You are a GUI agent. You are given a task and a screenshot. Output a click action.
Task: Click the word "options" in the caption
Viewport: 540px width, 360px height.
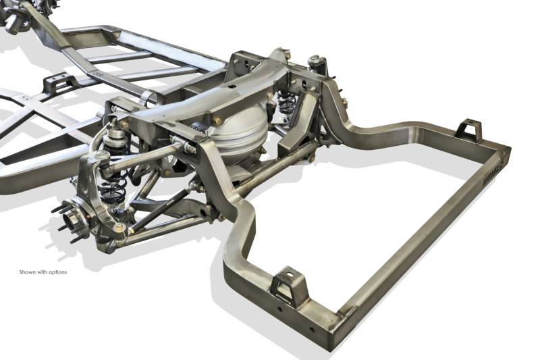(x=57, y=272)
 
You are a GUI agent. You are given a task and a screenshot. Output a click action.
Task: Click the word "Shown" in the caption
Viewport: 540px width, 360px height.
(x=26, y=272)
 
